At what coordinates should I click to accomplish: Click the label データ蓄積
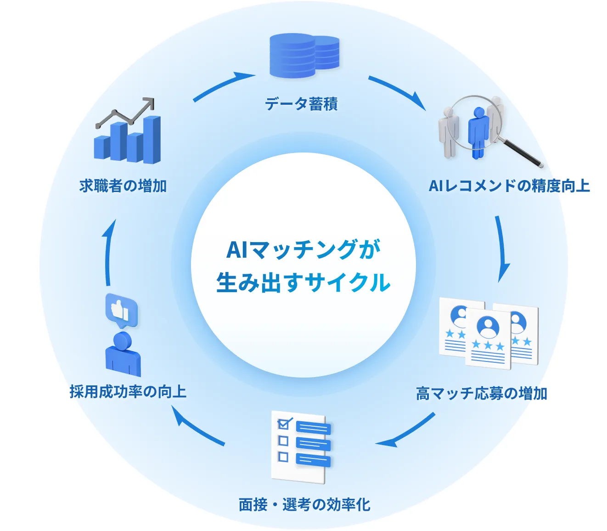(301, 104)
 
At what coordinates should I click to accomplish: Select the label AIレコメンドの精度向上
(509, 186)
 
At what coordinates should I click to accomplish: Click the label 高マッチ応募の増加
(481, 394)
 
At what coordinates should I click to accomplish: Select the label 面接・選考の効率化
(304, 504)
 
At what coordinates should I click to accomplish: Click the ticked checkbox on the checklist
(284, 423)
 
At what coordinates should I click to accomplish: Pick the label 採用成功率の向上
(128, 392)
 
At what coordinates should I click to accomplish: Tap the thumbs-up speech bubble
(121, 310)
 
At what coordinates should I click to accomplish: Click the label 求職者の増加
(123, 186)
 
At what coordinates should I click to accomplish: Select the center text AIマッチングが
(303, 250)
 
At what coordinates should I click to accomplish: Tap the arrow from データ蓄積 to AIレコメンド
(397, 92)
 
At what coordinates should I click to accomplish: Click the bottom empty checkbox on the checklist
(283, 457)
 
